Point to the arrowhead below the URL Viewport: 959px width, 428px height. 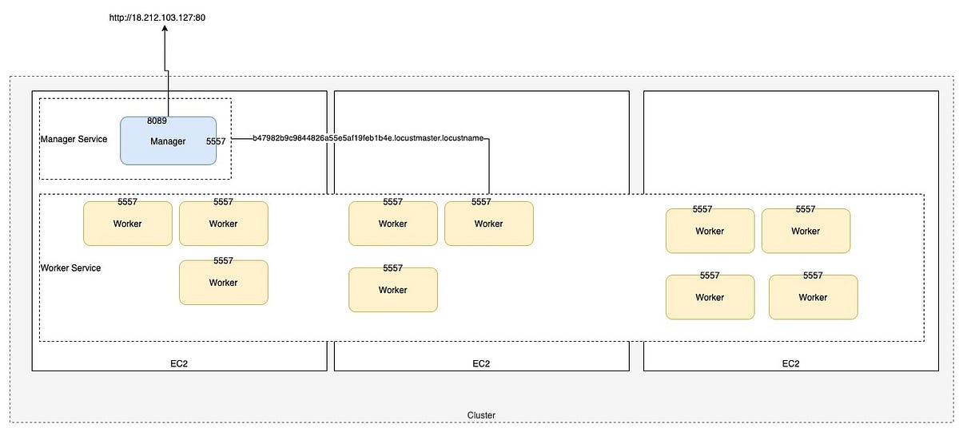(x=165, y=29)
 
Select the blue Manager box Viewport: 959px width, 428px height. (x=168, y=141)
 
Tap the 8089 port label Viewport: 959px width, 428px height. (x=157, y=121)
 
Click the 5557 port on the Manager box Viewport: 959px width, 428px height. (x=216, y=141)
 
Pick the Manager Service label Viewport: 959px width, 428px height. (x=74, y=139)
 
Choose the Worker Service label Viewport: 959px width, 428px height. (x=70, y=267)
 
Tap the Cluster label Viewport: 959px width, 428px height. (x=481, y=415)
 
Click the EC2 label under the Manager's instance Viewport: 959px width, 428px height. (x=179, y=363)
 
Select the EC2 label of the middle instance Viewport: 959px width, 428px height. (x=481, y=363)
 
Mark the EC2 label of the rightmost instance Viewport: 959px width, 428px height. (x=790, y=363)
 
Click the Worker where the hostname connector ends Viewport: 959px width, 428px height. (x=488, y=224)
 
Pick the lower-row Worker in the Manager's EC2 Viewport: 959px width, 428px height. (x=223, y=283)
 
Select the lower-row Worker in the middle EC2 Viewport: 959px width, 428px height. (x=392, y=290)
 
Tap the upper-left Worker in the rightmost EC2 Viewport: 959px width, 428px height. (x=709, y=231)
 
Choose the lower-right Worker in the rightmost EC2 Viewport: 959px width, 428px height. (x=813, y=297)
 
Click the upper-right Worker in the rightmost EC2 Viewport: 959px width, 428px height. (x=805, y=231)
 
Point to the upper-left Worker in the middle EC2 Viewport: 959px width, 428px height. (x=392, y=224)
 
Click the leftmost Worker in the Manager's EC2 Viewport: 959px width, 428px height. (x=127, y=224)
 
